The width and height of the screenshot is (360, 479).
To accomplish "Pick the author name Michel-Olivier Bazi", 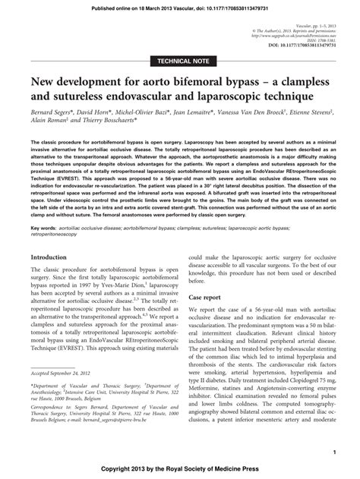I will (x=144, y=111).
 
